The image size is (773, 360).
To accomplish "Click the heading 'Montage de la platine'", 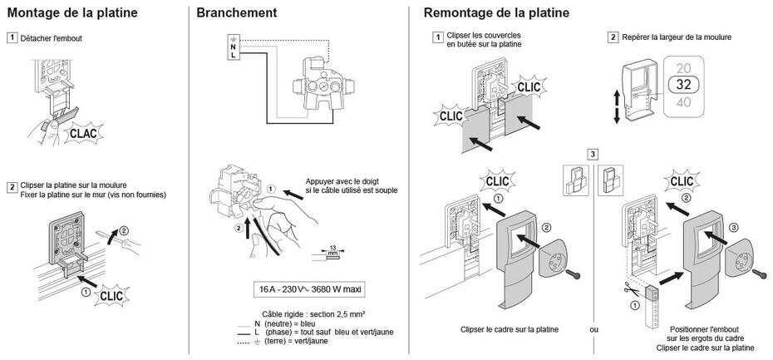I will pyautogui.click(x=72, y=13).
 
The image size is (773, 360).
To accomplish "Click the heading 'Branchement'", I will pyautogui.click(x=237, y=13).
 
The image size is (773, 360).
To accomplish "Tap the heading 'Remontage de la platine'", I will pyautogui.click(x=496, y=13).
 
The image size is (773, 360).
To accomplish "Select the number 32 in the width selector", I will pyautogui.click(x=684, y=85).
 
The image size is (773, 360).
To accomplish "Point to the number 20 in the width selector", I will pyautogui.click(x=684, y=67).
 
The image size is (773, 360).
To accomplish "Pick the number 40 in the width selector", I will pyautogui.click(x=684, y=102).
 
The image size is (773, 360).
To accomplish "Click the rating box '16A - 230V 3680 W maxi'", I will pyautogui.click(x=312, y=290).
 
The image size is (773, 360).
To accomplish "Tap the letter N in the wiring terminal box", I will pyautogui.click(x=234, y=47).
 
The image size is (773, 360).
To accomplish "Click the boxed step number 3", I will pyautogui.click(x=592, y=154).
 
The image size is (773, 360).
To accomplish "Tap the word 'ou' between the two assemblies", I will pyautogui.click(x=593, y=329).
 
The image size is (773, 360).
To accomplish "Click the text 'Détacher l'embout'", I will pyautogui.click(x=51, y=38).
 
